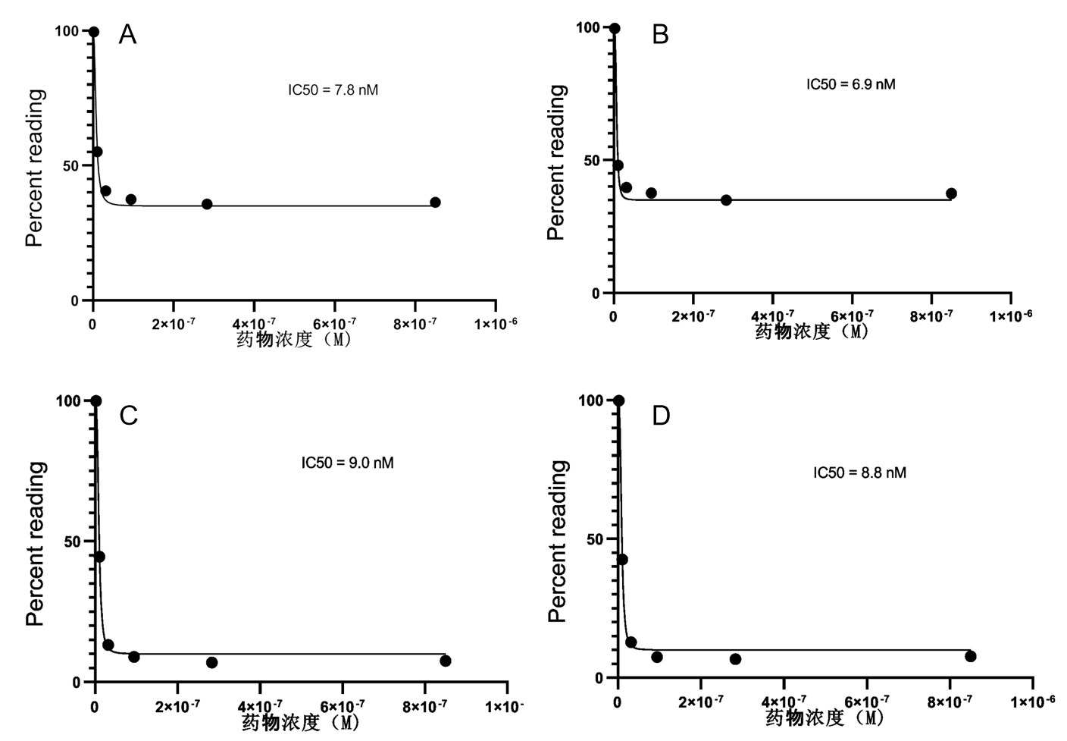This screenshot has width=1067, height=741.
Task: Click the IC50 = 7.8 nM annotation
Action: tap(333, 90)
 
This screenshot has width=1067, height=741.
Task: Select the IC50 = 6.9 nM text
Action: tap(850, 84)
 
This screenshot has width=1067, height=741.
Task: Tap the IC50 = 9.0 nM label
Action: tap(347, 463)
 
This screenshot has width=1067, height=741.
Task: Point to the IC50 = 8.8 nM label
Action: tap(859, 473)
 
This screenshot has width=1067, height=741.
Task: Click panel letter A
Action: tap(127, 35)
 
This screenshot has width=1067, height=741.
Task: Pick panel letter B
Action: tap(660, 35)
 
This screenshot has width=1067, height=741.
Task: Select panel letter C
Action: tap(129, 416)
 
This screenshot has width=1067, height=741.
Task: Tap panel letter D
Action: tap(661, 416)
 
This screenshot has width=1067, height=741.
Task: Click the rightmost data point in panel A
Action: tap(435, 203)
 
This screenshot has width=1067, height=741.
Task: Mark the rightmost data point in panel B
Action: tap(951, 193)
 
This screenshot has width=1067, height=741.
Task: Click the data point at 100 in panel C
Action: tap(95, 400)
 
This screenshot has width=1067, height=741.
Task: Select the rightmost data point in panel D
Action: tap(971, 656)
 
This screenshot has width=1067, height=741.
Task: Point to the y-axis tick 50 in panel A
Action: tap(75, 165)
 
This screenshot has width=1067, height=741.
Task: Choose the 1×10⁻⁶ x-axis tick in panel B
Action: tap(1011, 315)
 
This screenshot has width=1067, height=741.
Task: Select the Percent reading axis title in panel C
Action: tap(36, 543)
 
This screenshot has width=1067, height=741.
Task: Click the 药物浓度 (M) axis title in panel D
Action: tap(824, 717)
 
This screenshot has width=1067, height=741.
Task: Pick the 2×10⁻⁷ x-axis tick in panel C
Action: tap(177, 707)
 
